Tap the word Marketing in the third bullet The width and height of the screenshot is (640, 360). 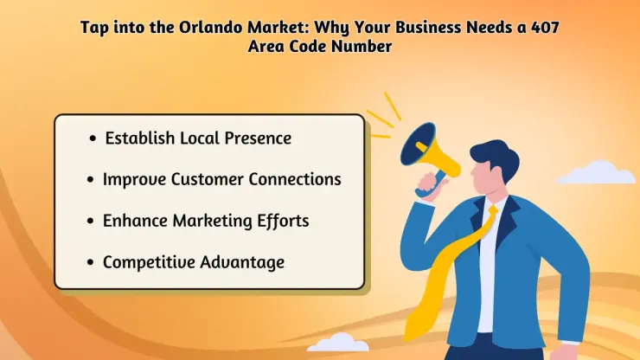206,221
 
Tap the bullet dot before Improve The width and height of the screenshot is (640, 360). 91,180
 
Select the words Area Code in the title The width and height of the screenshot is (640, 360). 288,47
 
